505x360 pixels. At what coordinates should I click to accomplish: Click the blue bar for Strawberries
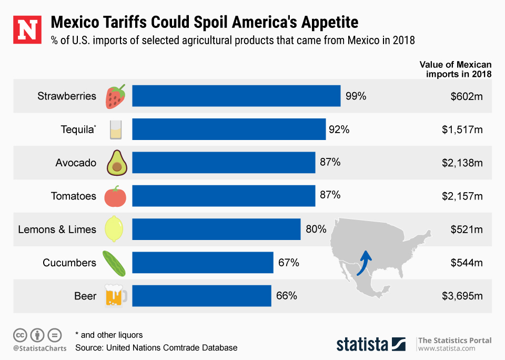click(236, 96)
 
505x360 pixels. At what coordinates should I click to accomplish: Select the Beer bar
click(201, 296)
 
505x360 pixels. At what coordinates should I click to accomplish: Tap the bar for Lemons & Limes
click(216, 229)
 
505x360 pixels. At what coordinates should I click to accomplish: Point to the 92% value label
click(340, 129)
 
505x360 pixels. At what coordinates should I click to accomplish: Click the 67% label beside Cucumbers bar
click(288, 263)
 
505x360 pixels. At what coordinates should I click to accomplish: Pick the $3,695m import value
click(462, 296)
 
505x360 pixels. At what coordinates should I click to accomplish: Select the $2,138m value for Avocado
click(462, 163)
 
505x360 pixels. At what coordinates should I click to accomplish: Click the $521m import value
click(467, 229)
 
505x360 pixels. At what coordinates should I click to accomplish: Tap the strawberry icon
click(116, 96)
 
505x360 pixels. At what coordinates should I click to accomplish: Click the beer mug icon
click(116, 296)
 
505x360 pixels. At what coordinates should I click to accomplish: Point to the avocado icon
click(116, 163)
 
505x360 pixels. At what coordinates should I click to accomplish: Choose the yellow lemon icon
click(115, 229)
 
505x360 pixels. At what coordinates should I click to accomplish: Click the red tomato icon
click(115, 196)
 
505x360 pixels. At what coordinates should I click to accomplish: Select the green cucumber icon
click(115, 263)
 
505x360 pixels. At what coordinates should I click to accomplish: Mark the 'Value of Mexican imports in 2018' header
click(456, 69)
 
